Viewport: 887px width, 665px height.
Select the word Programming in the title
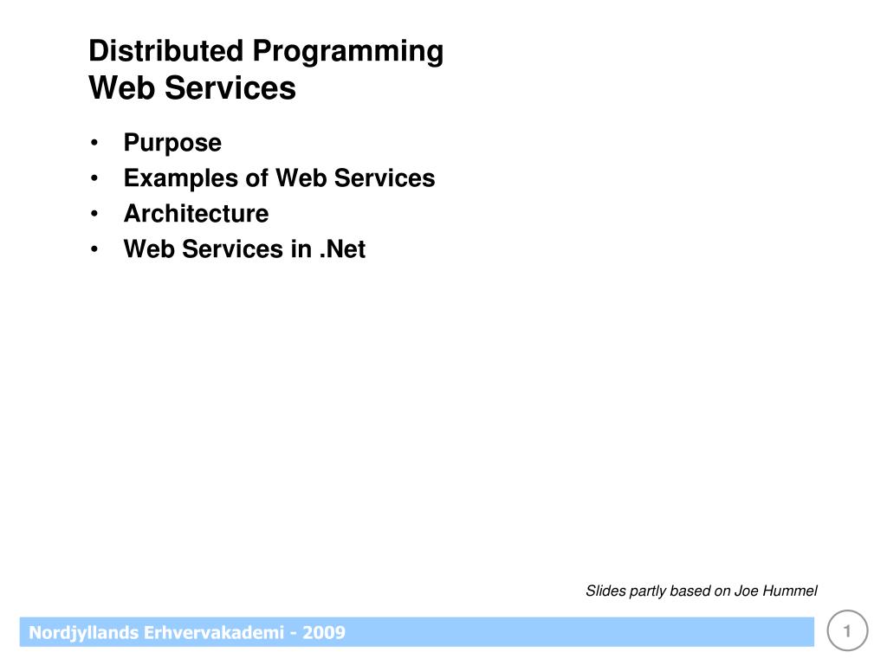point(348,53)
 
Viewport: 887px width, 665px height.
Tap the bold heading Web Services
point(192,88)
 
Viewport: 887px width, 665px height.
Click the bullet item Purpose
point(172,143)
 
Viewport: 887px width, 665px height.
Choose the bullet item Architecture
point(196,213)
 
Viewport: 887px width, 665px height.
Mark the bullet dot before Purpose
point(94,143)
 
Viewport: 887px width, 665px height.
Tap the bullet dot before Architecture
point(94,214)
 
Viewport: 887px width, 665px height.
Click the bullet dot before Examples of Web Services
point(94,178)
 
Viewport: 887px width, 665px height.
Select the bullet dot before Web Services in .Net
point(94,249)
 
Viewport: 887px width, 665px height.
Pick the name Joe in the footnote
point(746,591)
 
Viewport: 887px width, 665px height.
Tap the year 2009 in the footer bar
point(324,633)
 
